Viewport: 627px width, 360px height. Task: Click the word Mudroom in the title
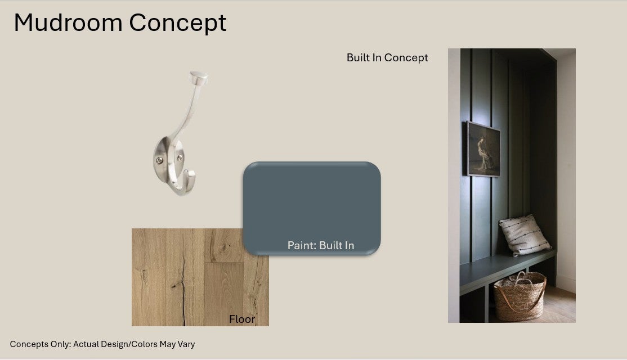(68, 22)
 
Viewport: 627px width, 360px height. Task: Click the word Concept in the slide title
(177, 23)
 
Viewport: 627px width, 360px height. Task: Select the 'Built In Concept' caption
(387, 58)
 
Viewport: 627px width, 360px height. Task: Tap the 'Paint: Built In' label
(321, 245)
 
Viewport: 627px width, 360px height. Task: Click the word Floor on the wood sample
(242, 319)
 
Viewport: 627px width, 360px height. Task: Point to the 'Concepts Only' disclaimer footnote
(102, 344)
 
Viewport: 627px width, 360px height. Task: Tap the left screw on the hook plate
(159, 161)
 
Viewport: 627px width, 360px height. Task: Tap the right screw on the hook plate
(180, 158)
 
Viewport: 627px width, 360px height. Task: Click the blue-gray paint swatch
(312, 208)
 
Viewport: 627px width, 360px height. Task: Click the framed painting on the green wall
(483, 149)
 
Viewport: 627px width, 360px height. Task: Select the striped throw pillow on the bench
(525, 235)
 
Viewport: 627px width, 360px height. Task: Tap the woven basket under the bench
(519, 297)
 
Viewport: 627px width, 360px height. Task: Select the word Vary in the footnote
(186, 344)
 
